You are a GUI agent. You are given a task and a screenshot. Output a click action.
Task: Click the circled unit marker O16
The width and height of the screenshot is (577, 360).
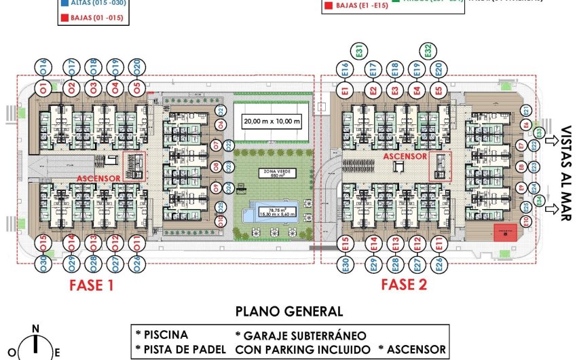pos(43,67)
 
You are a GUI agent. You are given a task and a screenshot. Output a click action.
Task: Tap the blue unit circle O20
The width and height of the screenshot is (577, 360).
pos(137,67)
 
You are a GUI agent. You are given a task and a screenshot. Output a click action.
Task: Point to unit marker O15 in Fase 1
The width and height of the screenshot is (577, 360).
pos(43,241)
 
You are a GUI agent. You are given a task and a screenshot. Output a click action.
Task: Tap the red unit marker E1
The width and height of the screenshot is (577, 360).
pos(346,90)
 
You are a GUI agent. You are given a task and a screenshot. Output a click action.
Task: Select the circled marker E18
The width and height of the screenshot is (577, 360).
pos(395,69)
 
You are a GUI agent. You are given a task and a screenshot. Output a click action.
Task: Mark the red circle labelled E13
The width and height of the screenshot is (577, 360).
pos(395,242)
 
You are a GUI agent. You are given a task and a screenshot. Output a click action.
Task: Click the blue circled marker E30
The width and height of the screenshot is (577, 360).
pos(346,264)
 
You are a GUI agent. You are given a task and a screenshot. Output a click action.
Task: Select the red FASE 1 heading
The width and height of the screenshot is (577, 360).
pos(91,285)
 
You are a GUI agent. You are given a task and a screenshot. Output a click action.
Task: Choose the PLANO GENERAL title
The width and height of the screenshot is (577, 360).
pos(289,312)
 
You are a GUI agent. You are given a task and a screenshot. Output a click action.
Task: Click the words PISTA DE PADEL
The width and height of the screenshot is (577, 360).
pos(180,350)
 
